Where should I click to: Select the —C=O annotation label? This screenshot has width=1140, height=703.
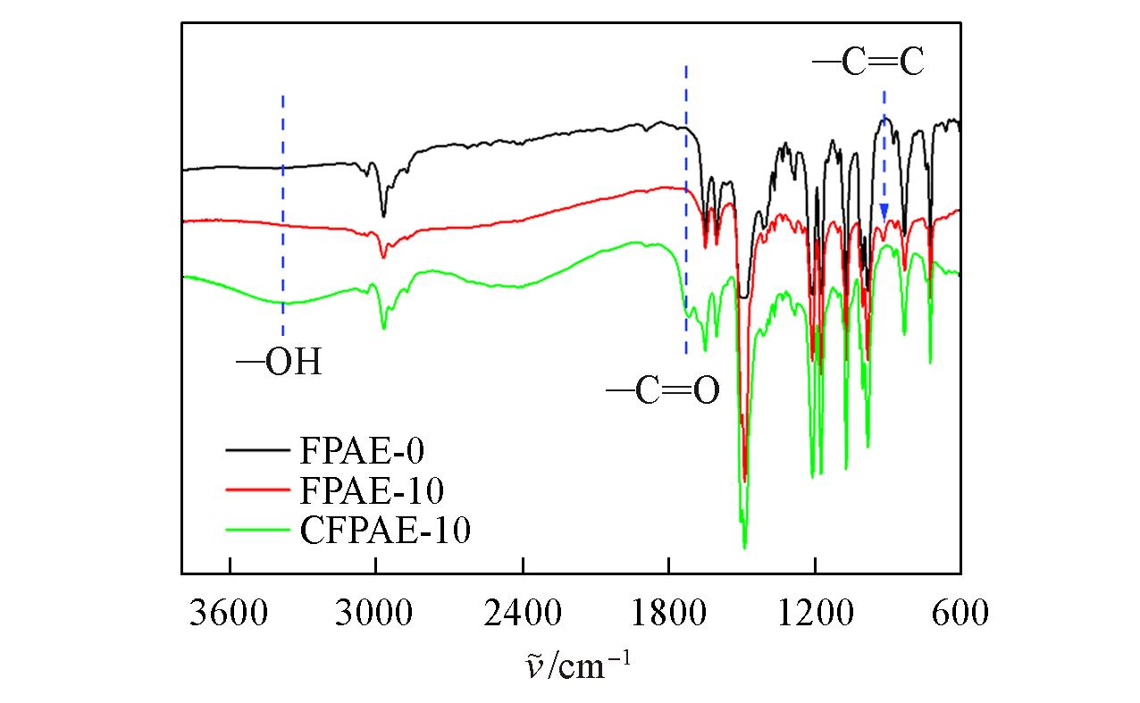point(662,392)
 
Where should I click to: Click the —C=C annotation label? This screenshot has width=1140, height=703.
point(868,64)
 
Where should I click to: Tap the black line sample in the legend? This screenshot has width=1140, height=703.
point(258,451)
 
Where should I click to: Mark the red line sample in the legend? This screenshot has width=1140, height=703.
point(258,490)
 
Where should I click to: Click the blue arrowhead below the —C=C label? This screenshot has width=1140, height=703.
point(884,213)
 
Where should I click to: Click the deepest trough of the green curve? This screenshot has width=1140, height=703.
point(744,546)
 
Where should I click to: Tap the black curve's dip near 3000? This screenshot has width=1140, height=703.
point(383,215)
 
